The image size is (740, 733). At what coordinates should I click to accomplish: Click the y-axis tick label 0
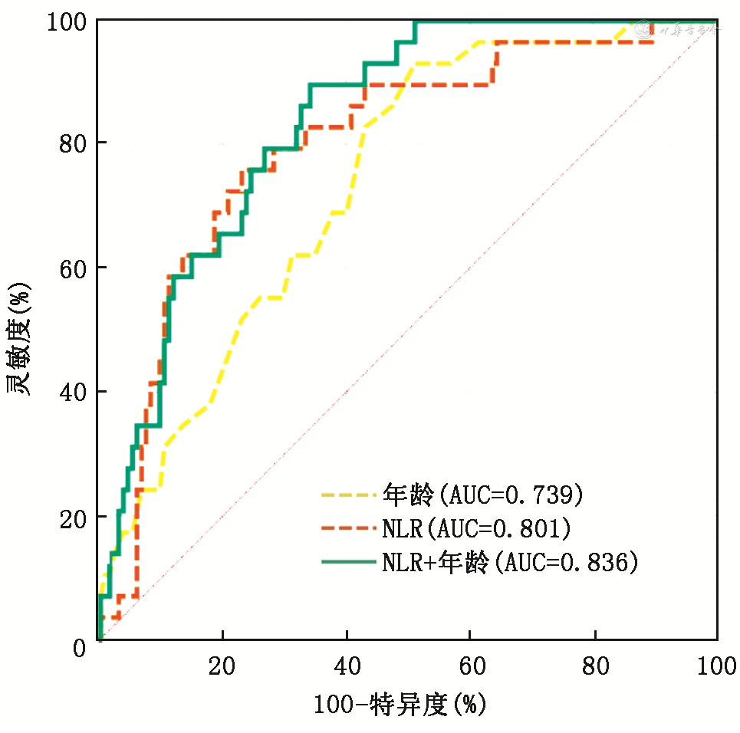pos(80,649)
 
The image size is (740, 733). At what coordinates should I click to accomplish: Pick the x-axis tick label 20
pos(222,666)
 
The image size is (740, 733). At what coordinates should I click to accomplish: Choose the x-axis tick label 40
pos(347,666)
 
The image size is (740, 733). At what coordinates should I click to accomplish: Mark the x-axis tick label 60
pos(470,666)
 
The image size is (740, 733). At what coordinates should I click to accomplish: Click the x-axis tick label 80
pos(594,666)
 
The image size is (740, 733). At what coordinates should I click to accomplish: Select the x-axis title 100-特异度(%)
pos(400,704)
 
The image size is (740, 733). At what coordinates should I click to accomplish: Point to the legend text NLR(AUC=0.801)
pos(475,528)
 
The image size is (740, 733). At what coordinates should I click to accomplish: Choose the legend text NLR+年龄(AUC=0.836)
pos(510,562)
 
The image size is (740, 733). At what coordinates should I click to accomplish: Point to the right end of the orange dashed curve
pos(653,42)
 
